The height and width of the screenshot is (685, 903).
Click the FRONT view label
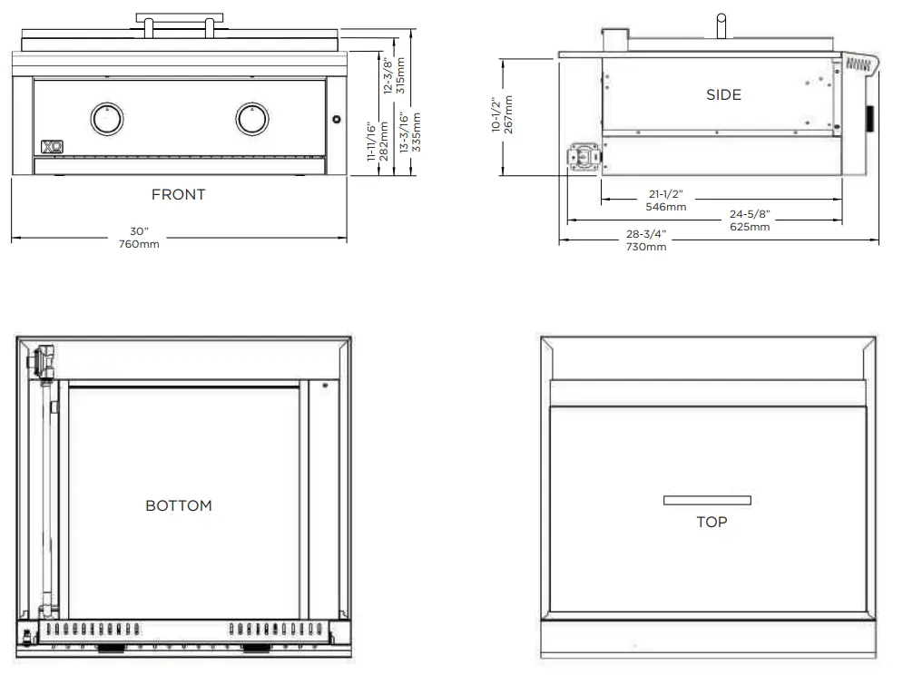tap(178, 194)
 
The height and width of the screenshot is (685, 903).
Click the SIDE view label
tap(723, 94)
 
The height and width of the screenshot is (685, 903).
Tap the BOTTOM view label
tap(179, 505)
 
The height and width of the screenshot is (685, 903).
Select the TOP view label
tap(712, 522)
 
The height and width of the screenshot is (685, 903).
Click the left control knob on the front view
tap(106, 117)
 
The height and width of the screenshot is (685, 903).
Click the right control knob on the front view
tap(252, 117)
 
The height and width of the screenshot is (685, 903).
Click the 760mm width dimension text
tap(138, 244)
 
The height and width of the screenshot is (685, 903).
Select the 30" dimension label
tap(138, 231)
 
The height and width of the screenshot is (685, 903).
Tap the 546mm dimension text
tap(665, 207)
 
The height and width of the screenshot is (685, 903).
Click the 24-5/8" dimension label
tap(750, 214)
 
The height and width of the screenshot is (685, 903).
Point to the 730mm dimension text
tap(645, 247)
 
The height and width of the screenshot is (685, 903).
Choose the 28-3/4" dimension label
tap(645, 234)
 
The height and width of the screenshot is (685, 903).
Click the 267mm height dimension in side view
tap(509, 114)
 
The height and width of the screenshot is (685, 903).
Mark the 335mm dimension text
tap(417, 131)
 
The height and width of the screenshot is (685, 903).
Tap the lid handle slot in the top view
tap(707, 500)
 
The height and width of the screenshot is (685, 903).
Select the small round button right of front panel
tap(336, 120)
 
